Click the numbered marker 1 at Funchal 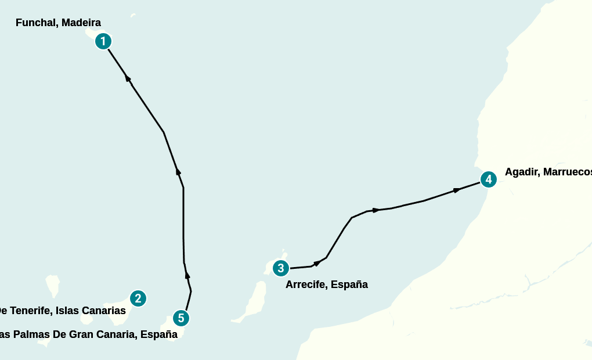pyautogui.click(x=103, y=41)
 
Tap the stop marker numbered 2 pyautogui.click(x=138, y=298)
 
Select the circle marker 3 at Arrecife pyautogui.click(x=281, y=268)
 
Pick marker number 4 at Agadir pyautogui.click(x=489, y=179)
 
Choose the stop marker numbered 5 pyautogui.click(x=181, y=318)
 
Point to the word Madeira pyautogui.click(x=81, y=23)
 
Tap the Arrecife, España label pyautogui.click(x=326, y=285)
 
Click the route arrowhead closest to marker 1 pyautogui.click(x=128, y=79)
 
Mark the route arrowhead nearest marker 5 pyautogui.click(x=187, y=274)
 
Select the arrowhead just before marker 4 pyautogui.click(x=456, y=190)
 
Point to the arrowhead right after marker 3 pyautogui.click(x=316, y=264)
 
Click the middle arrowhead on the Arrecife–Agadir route pyautogui.click(x=376, y=210)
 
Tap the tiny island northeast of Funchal pyautogui.click(x=133, y=15)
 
